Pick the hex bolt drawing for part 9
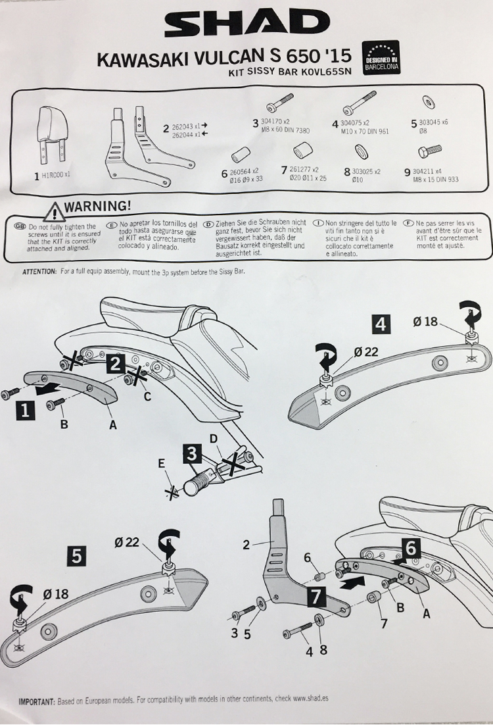click(x=429, y=151)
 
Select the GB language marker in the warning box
click(x=19, y=226)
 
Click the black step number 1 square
click(x=25, y=411)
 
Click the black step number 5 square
click(x=77, y=557)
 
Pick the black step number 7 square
click(x=314, y=597)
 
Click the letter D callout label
click(x=213, y=438)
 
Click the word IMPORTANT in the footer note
click(x=37, y=703)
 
